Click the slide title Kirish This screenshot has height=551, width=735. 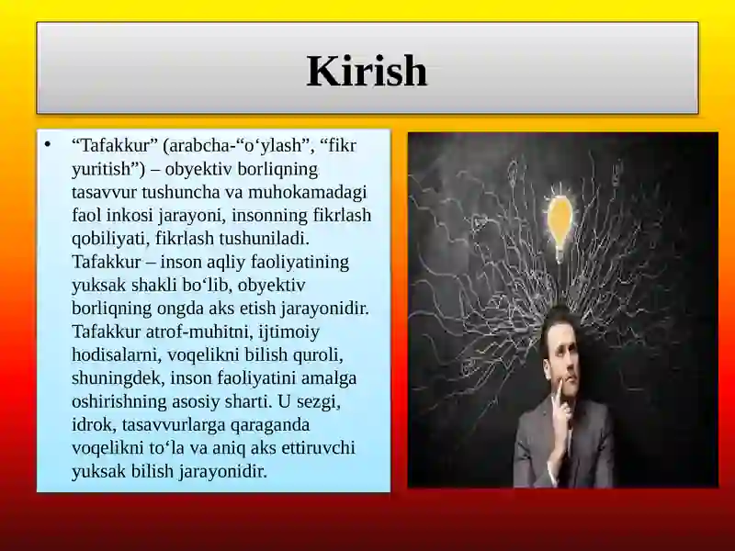(x=367, y=71)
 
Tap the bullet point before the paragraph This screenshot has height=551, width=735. (x=48, y=144)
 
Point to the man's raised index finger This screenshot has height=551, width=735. (x=557, y=395)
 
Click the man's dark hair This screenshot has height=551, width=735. (x=558, y=323)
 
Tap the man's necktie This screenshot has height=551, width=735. (x=570, y=450)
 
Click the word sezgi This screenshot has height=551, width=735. (x=319, y=401)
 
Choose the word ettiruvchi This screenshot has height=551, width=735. (x=318, y=447)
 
